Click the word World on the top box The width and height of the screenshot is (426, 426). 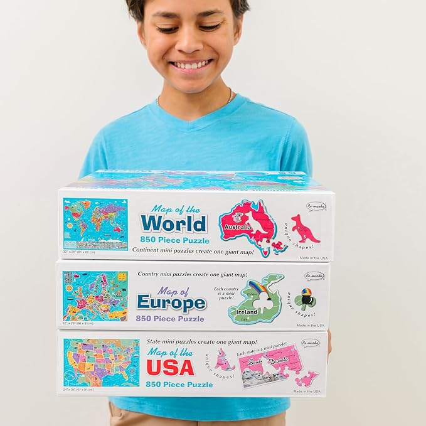point(173,223)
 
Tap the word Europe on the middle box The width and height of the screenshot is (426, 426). point(171,304)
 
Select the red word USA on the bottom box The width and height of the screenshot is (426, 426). point(170,367)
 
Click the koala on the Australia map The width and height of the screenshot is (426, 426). point(238,216)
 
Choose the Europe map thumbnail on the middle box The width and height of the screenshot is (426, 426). point(95,296)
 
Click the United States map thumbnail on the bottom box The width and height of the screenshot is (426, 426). point(101,362)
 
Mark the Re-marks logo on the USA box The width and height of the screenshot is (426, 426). point(309,343)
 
